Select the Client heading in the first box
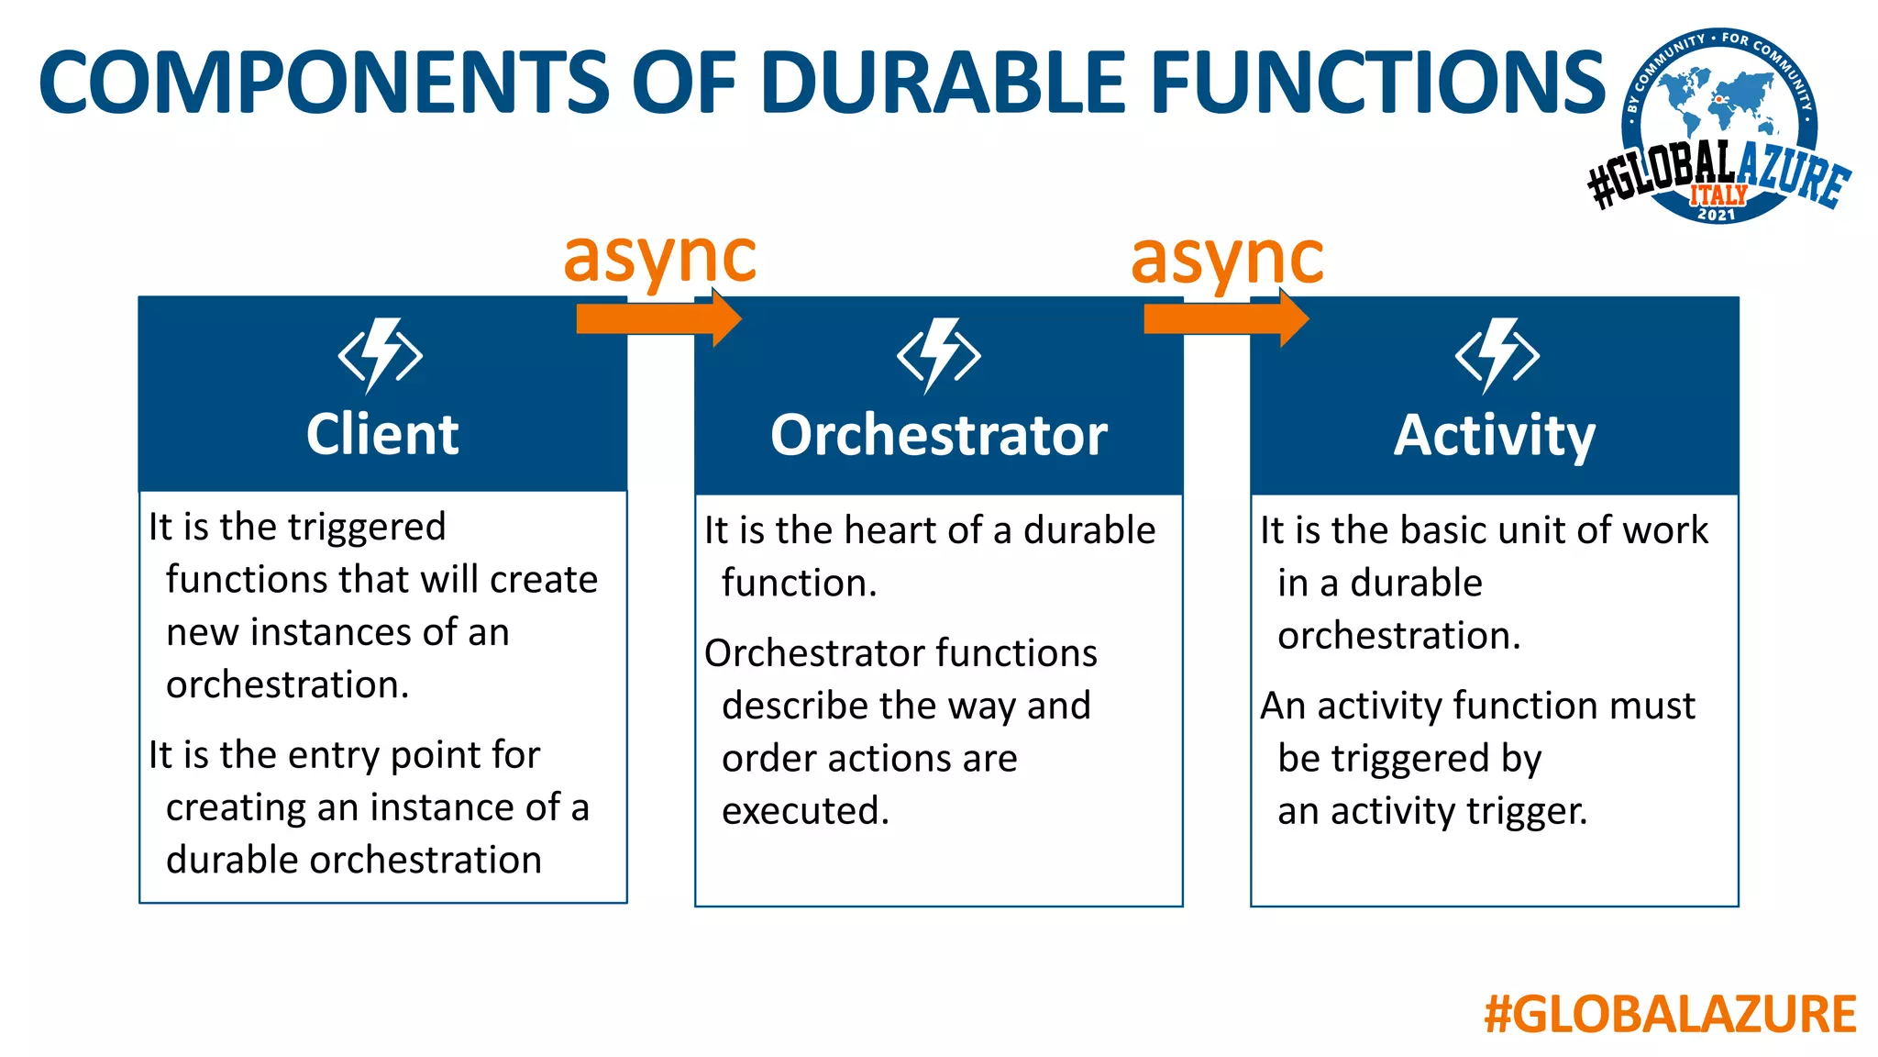(x=382, y=434)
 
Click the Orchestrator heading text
(x=938, y=435)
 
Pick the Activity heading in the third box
(x=1495, y=435)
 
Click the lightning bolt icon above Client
(x=381, y=356)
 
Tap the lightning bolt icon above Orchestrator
(x=938, y=356)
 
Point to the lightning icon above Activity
(x=1497, y=356)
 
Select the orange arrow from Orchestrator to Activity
(x=1225, y=318)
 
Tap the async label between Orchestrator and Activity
(x=1227, y=258)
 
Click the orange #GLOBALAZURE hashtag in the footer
(x=1670, y=1014)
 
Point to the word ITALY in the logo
(x=1718, y=195)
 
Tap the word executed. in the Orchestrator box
(x=805, y=811)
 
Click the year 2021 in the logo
(x=1717, y=215)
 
